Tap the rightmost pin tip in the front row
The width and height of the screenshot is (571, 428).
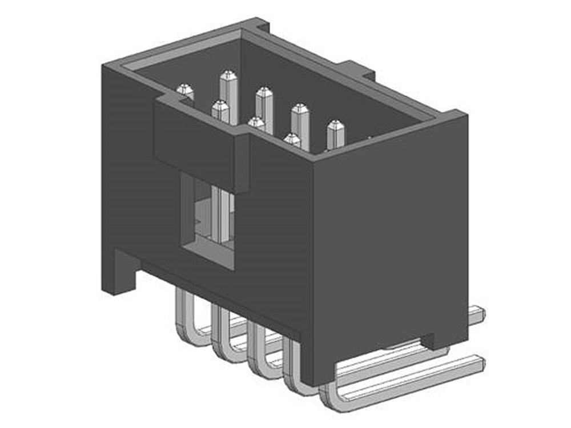coord(292,138)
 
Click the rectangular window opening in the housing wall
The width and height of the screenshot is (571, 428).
coord(207,223)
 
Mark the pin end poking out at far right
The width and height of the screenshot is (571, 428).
coord(477,313)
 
